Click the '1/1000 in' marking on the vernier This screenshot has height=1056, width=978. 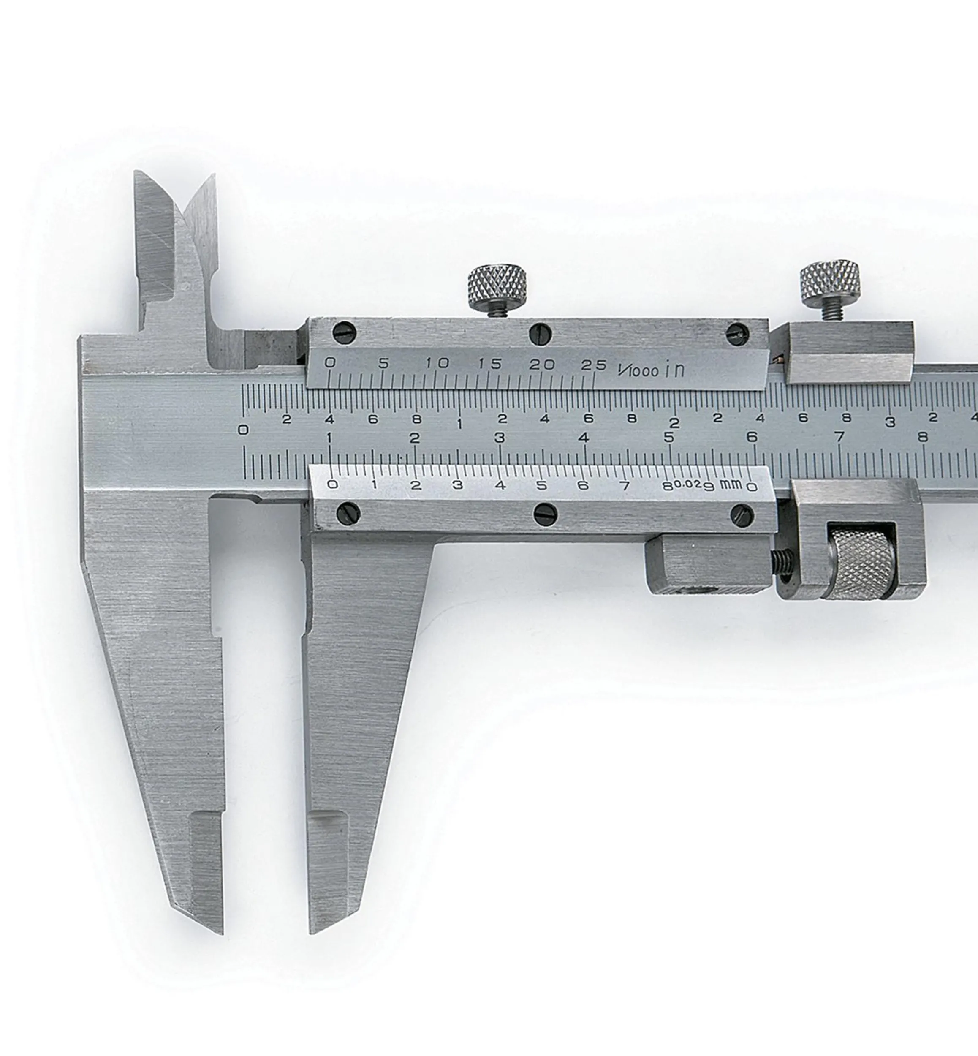click(x=651, y=369)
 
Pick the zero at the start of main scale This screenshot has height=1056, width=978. click(x=243, y=430)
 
